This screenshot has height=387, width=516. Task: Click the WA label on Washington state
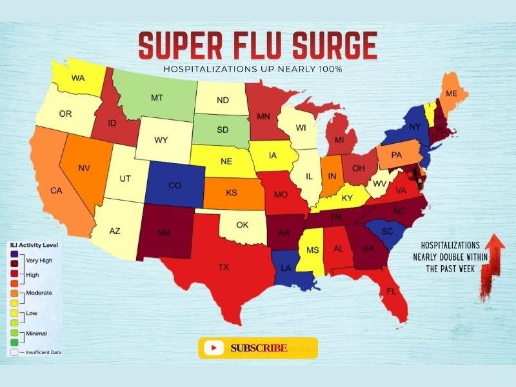78,79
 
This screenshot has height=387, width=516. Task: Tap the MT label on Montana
156,98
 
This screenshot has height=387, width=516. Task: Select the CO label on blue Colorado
174,185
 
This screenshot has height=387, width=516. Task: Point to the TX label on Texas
223,266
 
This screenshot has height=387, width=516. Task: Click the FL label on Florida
391,292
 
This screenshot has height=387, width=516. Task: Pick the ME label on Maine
451,94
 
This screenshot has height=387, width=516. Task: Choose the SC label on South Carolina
387,232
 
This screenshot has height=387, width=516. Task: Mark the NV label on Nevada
83,168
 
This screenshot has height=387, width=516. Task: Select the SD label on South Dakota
223,130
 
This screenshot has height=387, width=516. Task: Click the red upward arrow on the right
493,258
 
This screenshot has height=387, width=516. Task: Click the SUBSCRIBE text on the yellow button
259,348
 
